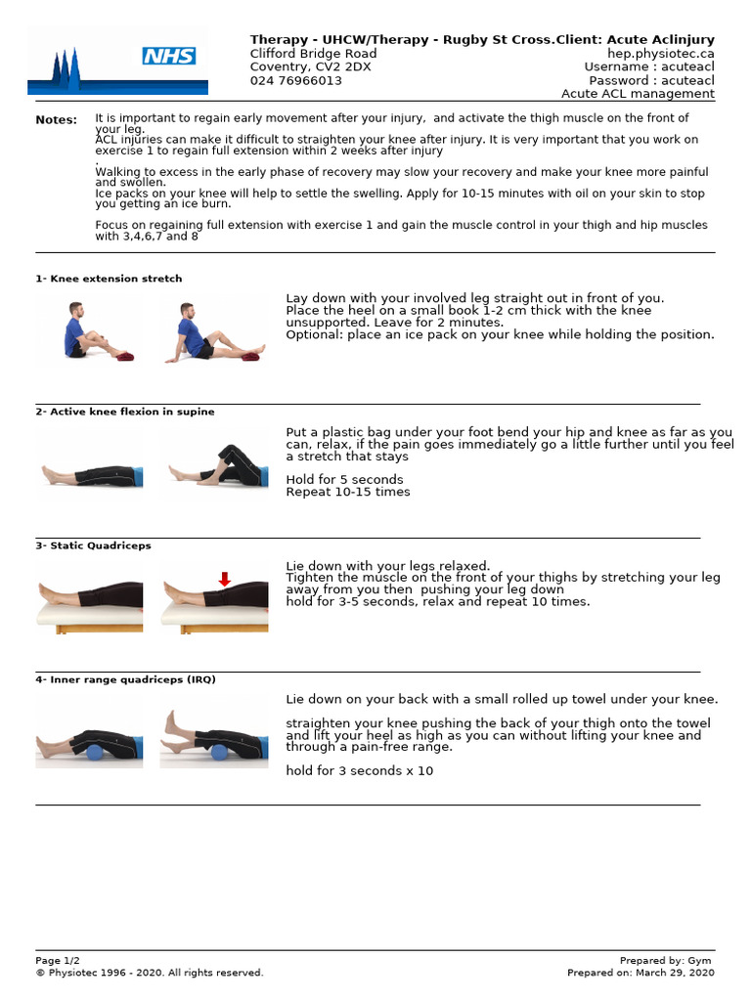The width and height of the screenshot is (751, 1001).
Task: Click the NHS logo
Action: [168, 56]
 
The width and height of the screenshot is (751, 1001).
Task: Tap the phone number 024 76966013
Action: [296, 81]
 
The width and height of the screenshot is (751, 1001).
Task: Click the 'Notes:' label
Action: [56, 120]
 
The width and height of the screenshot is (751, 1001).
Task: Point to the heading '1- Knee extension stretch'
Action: [109, 279]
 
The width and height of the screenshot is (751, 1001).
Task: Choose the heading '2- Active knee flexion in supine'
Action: [125, 412]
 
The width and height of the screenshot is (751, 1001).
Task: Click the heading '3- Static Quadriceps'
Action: [94, 545]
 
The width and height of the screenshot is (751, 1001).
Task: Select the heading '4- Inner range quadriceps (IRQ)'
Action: [126, 679]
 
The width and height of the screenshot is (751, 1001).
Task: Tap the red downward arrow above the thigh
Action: [224, 580]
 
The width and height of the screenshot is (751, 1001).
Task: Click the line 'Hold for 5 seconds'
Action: [344, 480]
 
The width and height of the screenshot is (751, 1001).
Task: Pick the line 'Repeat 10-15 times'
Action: [348, 492]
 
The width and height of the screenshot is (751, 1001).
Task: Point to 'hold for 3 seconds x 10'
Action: [359, 771]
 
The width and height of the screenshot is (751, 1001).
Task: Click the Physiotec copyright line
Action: [150, 973]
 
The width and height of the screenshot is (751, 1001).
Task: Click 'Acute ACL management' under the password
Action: [638, 95]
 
